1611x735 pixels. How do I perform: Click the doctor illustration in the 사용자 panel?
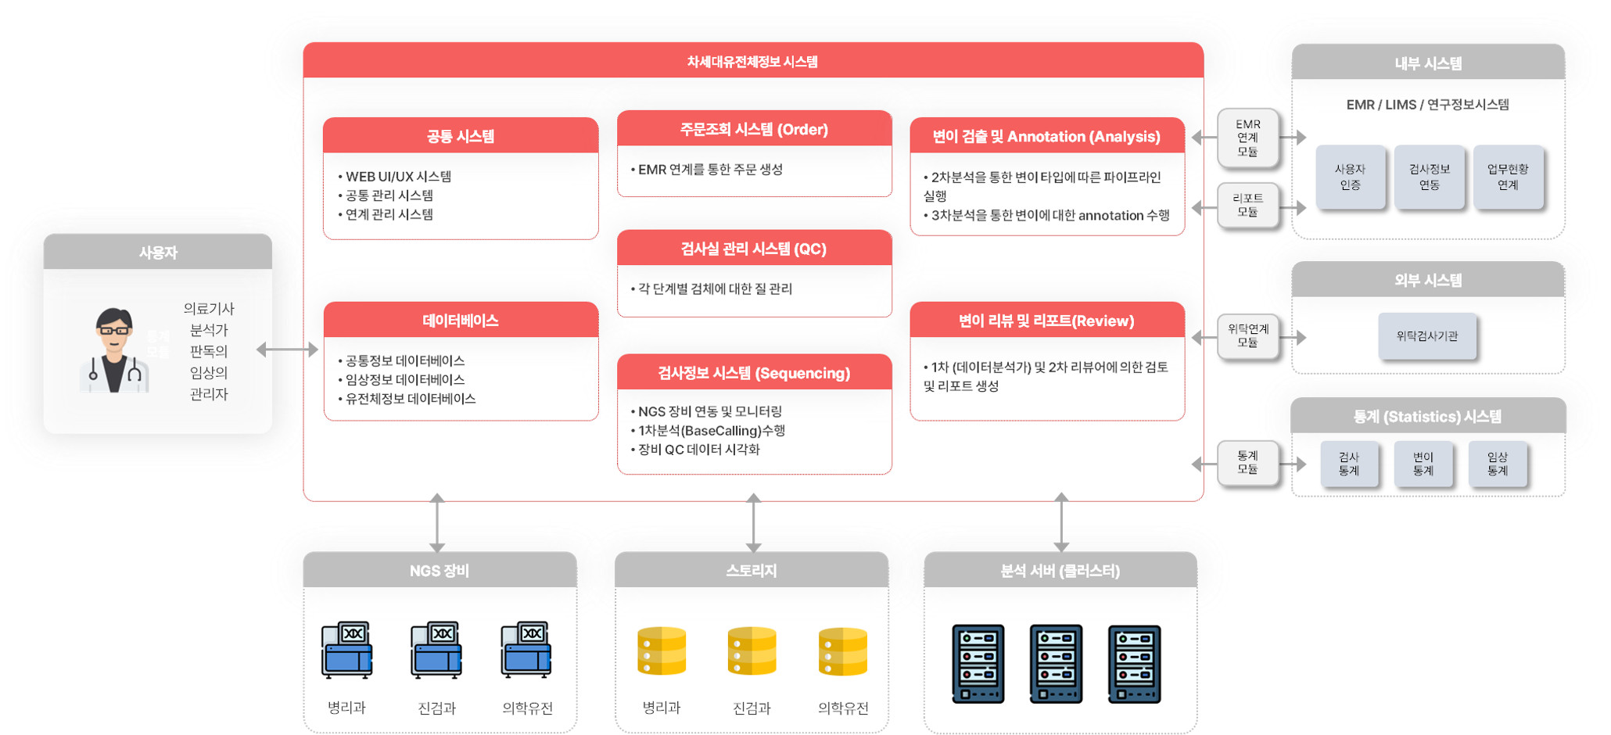click(114, 350)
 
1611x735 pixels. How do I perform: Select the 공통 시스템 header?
click(461, 136)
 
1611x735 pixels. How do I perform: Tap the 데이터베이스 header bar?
click(461, 321)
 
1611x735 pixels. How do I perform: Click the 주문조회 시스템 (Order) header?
click(754, 129)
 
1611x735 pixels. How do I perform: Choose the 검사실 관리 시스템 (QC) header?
click(754, 249)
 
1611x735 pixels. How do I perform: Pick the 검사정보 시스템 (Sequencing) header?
click(754, 373)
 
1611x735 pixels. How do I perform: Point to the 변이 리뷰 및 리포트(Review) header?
click(1046, 321)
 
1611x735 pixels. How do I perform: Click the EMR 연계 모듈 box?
click(1247, 138)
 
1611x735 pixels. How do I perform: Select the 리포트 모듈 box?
click(1247, 205)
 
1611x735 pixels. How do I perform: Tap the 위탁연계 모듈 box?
click(1247, 335)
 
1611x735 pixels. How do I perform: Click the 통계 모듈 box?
click(1247, 462)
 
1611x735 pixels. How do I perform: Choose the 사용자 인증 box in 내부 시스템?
click(1350, 177)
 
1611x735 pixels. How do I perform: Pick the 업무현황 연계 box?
click(1508, 177)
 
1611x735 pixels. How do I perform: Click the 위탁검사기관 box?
click(1427, 336)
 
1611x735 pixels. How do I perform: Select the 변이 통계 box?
click(1423, 464)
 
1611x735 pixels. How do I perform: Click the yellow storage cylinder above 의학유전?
click(843, 651)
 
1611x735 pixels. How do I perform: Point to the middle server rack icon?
click(1056, 664)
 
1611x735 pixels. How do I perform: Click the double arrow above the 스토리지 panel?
click(754, 523)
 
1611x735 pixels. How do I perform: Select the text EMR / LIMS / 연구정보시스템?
click(1427, 105)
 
